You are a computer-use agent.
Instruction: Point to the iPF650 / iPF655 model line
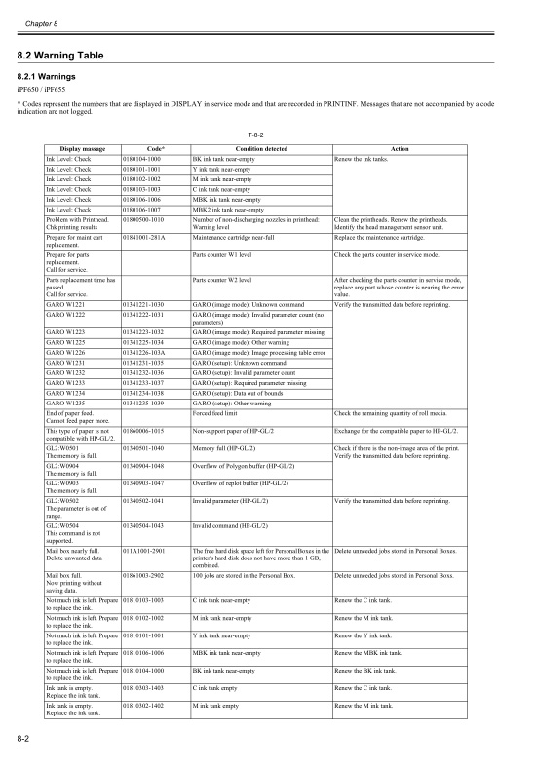42,92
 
